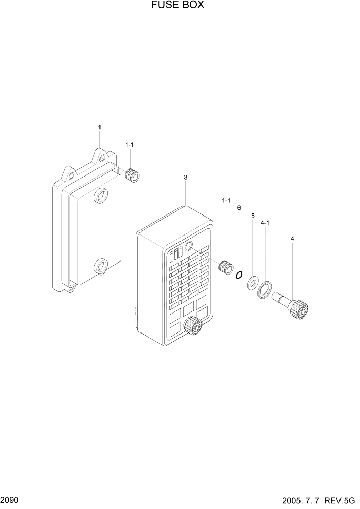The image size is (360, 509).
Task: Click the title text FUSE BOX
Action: click(x=177, y=6)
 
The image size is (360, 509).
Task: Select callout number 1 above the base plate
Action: click(x=99, y=127)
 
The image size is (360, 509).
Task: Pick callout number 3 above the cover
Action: click(x=185, y=178)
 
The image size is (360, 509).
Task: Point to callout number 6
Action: click(x=239, y=208)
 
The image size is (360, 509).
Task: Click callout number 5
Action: click(x=253, y=216)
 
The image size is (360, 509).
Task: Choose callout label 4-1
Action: click(x=266, y=223)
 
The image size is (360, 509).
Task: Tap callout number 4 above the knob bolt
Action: click(x=292, y=239)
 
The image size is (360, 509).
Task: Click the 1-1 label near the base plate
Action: click(x=129, y=145)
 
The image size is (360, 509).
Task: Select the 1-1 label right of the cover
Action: click(x=226, y=200)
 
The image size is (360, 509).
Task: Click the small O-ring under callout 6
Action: click(x=238, y=276)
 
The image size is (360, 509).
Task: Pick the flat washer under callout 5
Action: click(x=253, y=282)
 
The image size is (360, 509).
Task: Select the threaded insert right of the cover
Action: click(x=225, y=267)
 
